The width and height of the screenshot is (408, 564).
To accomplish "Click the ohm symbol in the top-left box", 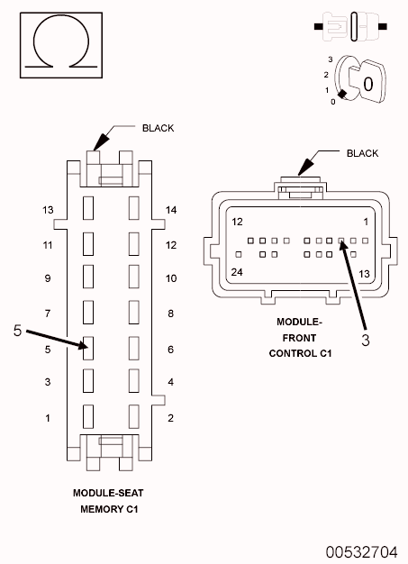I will click(x=59, y=42).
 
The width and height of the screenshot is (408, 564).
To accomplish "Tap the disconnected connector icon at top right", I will click(x=351, y=25).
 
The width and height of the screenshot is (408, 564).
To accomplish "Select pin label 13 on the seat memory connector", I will click(x=48, y=210).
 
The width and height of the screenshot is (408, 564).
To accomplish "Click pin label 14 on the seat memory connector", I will click(x=171, y=210).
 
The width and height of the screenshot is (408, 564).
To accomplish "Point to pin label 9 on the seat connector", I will click(x=48, y=279).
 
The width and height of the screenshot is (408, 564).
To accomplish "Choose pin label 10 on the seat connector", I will click(x=171, y=279).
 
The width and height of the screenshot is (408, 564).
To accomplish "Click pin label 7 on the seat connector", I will click(x=48, y=314).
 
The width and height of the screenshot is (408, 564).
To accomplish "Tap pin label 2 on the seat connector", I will click(x=170, y=418).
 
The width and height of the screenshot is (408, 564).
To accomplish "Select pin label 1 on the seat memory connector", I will click(x=48, y=418).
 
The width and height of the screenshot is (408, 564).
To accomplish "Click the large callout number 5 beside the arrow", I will click(x=17, y=331).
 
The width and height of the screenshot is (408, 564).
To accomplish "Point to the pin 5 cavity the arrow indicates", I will click(x=88, y=348).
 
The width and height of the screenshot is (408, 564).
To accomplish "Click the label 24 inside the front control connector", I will click(x=238, y=272).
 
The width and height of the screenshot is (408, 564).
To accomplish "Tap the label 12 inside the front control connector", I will click(x=238, y=222).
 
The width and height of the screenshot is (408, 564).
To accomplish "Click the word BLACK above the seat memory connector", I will click(x=158, y=128).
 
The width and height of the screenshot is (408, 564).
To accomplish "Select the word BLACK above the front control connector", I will click(x=362, y=153).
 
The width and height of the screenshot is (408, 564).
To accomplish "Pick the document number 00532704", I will click(x=362, y=550).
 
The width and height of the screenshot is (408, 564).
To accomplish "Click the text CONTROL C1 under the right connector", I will click(x=300, y=353).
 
